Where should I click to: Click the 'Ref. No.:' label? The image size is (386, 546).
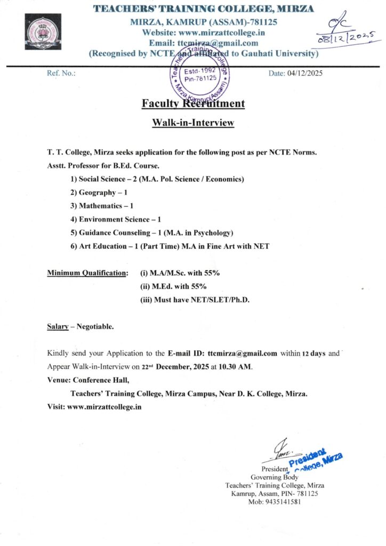point(61,73)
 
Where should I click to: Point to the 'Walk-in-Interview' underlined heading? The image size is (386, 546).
point(193,123)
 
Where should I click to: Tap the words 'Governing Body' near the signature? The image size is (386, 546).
point(274,477)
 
